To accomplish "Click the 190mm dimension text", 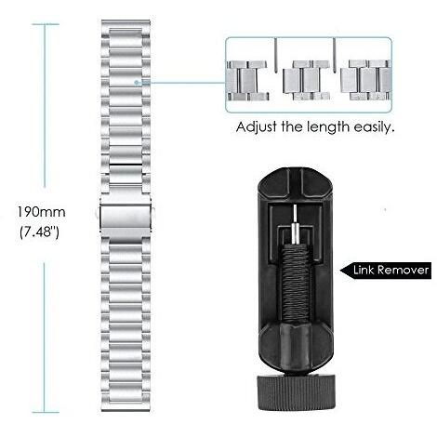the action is tap(41, 212).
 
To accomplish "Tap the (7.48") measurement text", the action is tap(39, 232).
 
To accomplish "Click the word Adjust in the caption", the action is tap(257, 127).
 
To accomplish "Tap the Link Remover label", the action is tap(391, 270).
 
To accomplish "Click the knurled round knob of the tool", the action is tap(296, 393).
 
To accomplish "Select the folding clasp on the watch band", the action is tap(126, 218).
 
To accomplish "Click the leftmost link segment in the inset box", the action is tap(247, 81).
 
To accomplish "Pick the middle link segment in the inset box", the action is tap(307, 81).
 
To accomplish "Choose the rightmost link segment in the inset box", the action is tap(366, 80).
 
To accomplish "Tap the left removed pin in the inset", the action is tap(275, 55).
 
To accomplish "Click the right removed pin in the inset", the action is tap(335, 55).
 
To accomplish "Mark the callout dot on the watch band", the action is tap(136, 83).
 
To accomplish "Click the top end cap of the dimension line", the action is tap(46, 24).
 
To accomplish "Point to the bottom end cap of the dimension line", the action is tap(46, 412).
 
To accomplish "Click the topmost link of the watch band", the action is tap(126, 25).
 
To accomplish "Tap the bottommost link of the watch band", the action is tap(126, 405).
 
